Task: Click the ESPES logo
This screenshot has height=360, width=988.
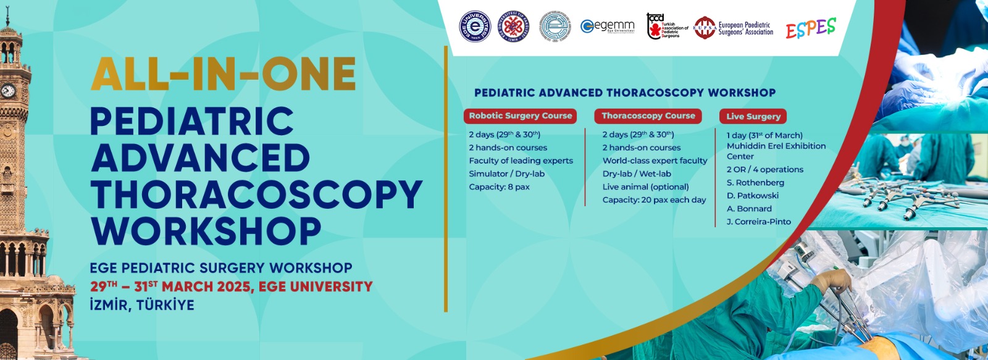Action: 811,28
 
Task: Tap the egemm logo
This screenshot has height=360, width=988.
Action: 608,27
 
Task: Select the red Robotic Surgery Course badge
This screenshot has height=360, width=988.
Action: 521,116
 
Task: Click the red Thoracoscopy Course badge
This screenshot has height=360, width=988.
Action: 648,116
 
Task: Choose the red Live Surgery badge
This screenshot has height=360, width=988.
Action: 753,116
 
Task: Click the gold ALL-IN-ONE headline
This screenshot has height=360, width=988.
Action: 224,75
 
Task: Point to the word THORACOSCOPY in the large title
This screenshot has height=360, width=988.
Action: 256,195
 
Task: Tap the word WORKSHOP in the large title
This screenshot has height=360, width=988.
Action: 206,232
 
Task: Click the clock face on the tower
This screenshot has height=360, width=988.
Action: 8,91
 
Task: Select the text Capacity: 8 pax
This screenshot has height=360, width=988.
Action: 499,187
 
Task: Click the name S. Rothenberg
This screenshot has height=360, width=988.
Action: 755,183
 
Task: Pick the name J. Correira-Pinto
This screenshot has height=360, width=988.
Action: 758,222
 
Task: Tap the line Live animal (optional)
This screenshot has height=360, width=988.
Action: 645,187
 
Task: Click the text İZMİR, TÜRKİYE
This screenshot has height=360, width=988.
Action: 142,305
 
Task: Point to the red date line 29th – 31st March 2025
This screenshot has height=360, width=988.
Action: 232,287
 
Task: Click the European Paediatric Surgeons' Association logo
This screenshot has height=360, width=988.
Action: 734,28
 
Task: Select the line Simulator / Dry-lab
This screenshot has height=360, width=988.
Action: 506,174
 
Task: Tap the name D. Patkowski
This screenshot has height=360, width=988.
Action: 752,196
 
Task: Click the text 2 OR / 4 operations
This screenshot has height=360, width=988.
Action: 764,170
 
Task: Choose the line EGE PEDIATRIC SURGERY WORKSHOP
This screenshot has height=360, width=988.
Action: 221,268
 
